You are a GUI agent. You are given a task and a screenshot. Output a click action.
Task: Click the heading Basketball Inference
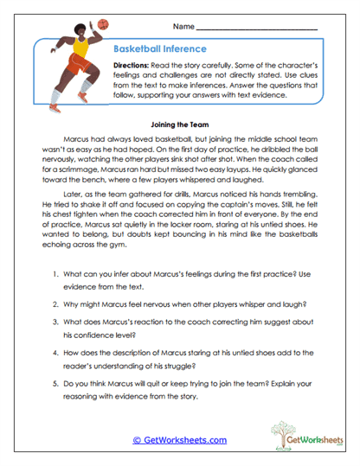click(x=160, y=49)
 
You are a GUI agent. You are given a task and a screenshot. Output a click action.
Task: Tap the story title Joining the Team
click(x=179, y=124)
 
